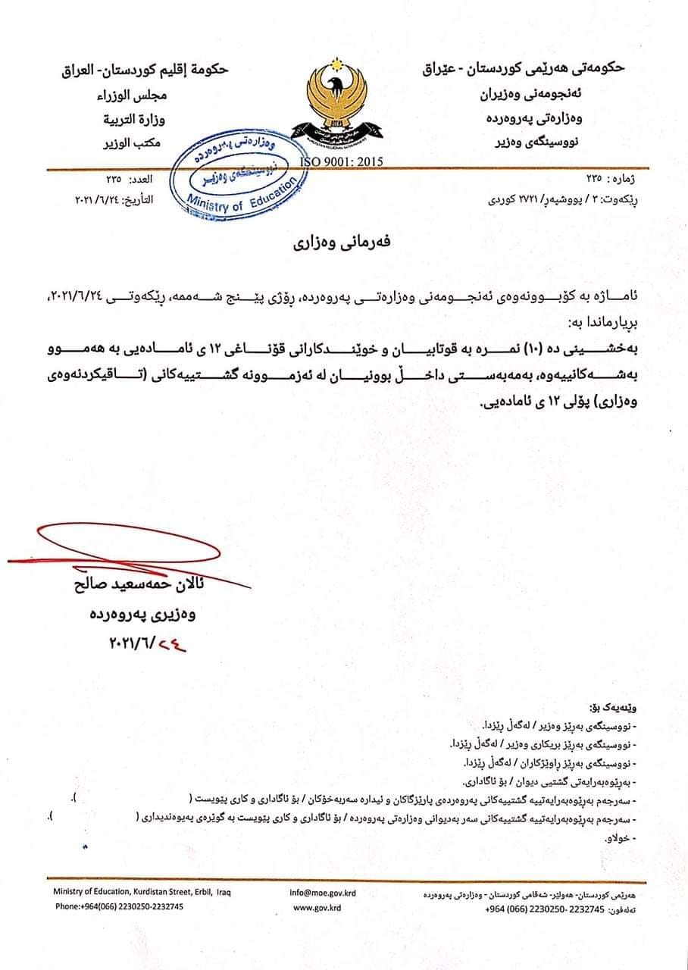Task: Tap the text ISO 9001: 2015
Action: [x=342, y=161]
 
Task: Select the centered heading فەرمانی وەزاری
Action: [x=342, y=244]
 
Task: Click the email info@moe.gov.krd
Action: [x=323, y=893]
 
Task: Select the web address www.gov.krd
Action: [x=317, y=907]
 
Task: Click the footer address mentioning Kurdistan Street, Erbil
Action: [x=142, y=893]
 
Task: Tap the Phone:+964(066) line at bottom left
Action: [x=120, y=907]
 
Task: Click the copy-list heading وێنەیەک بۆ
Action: [x=619, y=709]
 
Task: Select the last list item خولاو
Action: [x=619, y=837]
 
